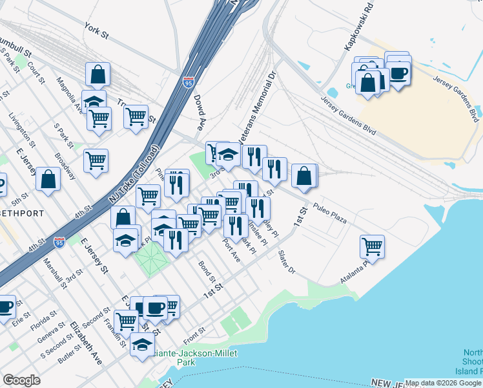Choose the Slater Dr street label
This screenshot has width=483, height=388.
tap(287, 261)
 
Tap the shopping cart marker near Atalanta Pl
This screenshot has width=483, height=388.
tap(373, 246)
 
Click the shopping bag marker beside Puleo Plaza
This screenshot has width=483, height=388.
tap(304, 175)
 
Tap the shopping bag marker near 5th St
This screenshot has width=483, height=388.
tap(48, 179)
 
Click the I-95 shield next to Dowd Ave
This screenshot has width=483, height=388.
tap(187, 83)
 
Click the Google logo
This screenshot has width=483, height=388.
tap(21, 380)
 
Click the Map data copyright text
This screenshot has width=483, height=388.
tap(443, 383)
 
